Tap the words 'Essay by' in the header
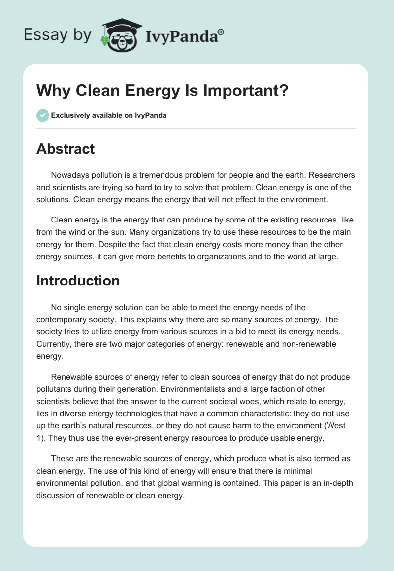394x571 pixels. (x=58, y=34)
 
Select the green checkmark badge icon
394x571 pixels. (x=42, y=115)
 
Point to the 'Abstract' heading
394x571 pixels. (x=66, y=149)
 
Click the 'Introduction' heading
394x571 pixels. (x=78, y=281)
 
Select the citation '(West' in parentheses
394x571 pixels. (x=345, y=424)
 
